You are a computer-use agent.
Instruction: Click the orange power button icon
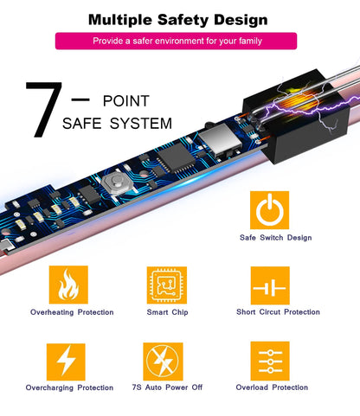click(269, 210)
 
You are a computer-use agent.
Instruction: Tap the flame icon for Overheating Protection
click(68, 285)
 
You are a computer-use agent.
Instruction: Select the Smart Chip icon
click(167, 285)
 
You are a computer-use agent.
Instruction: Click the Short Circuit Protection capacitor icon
click(270, 285)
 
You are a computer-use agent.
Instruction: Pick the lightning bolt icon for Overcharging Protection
click(66, 362)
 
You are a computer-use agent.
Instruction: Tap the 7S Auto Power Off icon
click(163, 362)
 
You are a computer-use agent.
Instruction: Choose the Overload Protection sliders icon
click(270, 361)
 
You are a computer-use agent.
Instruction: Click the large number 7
click(44, 109)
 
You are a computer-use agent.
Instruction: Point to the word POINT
click(126, 101)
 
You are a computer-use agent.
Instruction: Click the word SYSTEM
click(141, 124)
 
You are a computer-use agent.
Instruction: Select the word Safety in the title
click(183, 20)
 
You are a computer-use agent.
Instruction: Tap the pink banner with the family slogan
click(176, 41)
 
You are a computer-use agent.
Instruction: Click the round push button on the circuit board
click(116, 182)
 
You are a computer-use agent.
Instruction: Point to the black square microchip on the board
click(176, 157)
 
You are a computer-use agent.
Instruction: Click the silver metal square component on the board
click(220, 139)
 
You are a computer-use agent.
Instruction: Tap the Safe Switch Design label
click(276, 238)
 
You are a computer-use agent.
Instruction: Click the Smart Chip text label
click(167, 312)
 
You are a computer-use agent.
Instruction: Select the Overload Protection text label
click(272, 387)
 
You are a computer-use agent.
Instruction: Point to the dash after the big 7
click(80, 99)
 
